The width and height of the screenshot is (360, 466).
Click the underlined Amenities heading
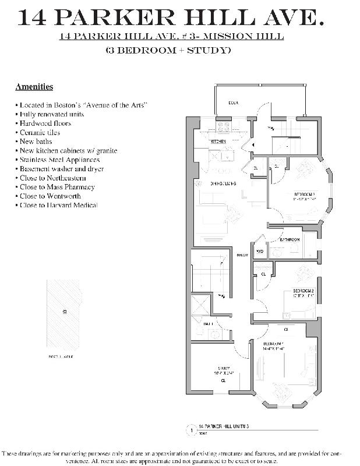click(x=34, y=87)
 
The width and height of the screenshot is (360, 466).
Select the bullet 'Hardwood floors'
click(x=46, y=123)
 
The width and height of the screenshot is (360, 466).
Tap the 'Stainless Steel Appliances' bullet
click(x=59, y=160)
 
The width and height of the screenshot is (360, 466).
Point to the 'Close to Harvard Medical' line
click(x=58, y=205)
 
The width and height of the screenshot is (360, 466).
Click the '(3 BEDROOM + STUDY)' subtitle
click(x=168, y=51)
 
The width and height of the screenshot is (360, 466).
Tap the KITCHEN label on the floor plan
click(x=218, y=142)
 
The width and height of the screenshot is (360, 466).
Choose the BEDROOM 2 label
click(x=303, y=291)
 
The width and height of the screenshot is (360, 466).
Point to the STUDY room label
click(x=224, y=368)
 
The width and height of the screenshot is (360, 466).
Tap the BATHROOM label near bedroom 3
click(x=290, y=239)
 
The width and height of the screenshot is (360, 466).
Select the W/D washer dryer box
click(x=260, y=251)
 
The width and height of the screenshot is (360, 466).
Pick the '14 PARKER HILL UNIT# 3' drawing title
click(x=224, y=427)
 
